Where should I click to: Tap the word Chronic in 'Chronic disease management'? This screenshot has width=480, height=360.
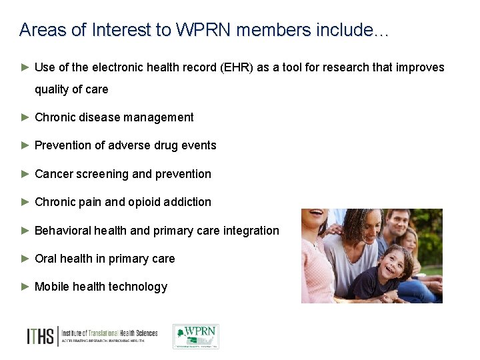coord(55,117)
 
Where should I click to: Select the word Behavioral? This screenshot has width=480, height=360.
coord(63,231)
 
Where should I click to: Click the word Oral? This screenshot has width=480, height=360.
coord(45,259)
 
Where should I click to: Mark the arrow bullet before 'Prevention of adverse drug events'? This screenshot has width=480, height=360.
coord(25,145)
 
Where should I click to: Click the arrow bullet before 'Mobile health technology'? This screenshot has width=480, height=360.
coord(25,287)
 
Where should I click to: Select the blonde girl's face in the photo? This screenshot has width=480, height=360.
coord(409,241)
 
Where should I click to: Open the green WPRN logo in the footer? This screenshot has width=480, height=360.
coord(195,337)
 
